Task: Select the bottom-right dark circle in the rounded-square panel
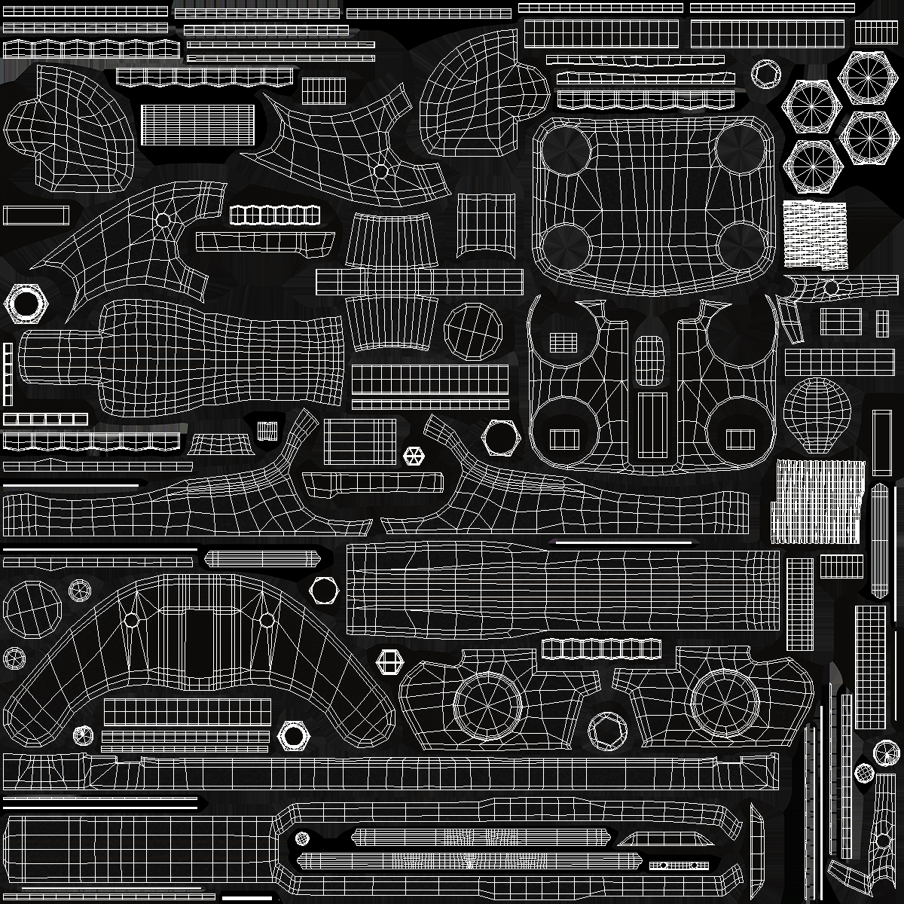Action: (x=741, y=245)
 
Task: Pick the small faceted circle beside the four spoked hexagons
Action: (x=767, y=74)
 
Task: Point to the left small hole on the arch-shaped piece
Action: (x=132, y=620)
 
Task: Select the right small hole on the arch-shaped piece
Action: (x=267, y=620)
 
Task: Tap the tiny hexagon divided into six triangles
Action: (x=413, y=455)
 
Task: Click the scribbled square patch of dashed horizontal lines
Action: (x=815, y=234)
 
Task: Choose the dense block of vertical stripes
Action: (x=817, y=501)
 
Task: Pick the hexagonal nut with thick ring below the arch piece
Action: (x=293, y=732)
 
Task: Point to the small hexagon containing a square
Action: (x=389, y=663)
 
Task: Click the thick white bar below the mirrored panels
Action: (x=623, y=542)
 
